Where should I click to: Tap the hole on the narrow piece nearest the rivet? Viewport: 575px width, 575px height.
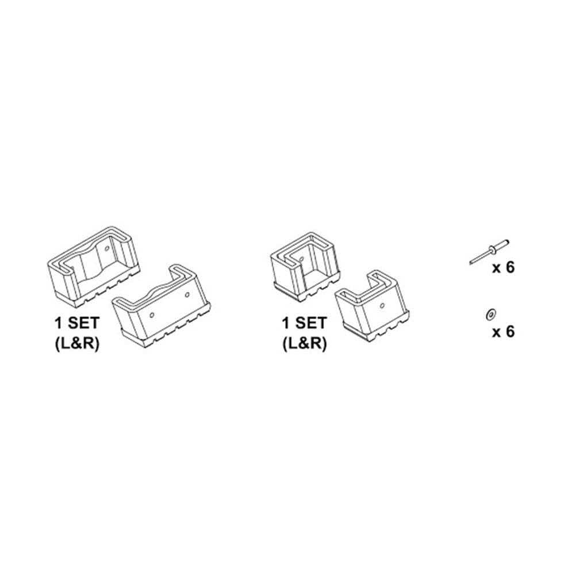point(381,304)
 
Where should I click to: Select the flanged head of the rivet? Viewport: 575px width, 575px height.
point(493,249)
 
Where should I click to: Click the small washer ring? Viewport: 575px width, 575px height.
point(489,314)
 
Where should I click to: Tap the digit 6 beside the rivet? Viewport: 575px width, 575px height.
point(509,269)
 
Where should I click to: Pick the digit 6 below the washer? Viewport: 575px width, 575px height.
point(509,332)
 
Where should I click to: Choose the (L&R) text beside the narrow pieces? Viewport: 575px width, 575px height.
point(303,343)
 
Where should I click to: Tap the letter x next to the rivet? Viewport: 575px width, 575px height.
point(496,270)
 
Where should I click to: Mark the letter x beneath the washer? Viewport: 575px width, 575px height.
point(496,333)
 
